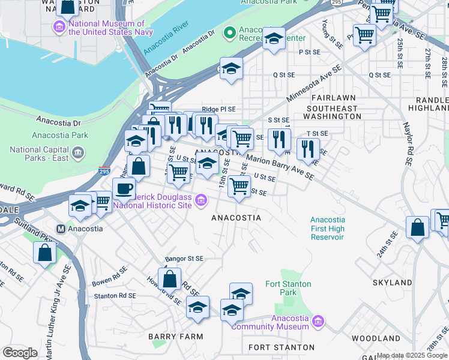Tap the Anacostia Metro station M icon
click(60, 229)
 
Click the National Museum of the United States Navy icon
click(59, 27)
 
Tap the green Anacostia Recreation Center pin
click(229, 32)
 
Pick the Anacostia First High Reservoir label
click(327, 229)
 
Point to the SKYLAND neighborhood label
click(391, 282)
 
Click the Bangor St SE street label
click(185, 258)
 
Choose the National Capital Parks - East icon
click(78, 154)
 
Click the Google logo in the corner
click(20, 353)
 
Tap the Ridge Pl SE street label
click(218, 109)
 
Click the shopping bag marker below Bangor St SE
click(170, 278)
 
